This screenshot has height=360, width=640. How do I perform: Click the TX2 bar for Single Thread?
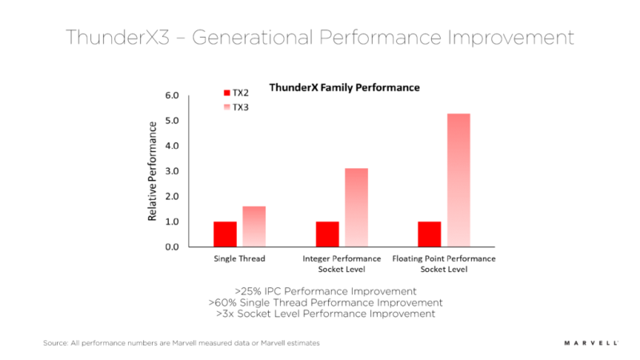(x=225, y=234)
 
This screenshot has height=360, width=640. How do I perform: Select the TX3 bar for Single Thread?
(x=254, y=226)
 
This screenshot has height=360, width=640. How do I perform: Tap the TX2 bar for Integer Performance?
(x=327, y=234)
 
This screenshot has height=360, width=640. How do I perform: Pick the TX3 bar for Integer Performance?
(x=356, y=207)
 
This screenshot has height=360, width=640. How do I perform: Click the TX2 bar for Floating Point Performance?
(x=430, y=234)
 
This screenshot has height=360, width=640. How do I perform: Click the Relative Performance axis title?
(x=152, y=171)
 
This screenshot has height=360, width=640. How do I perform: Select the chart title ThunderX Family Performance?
(x=344, y=87)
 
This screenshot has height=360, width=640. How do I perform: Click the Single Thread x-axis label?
(x=239, y=259)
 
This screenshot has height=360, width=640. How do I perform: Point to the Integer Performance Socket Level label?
(x=342, y=265)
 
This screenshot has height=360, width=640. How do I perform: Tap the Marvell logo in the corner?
(x=590, y=342)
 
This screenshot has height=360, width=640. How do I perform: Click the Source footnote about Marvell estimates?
(x=182, y=342)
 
